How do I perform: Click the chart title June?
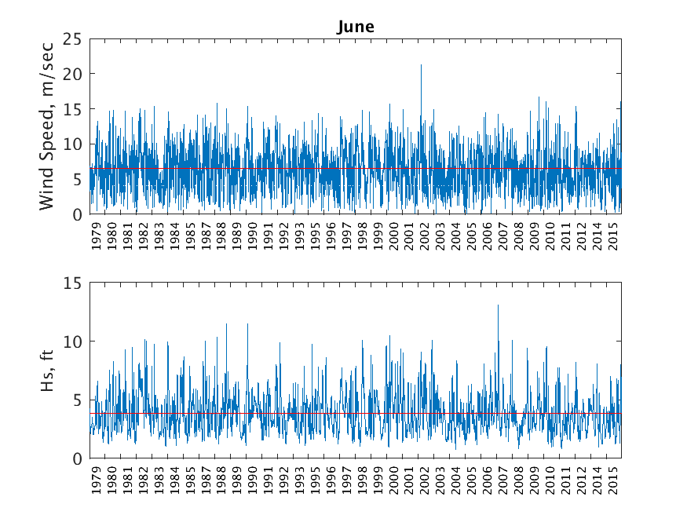[x=356, y=27]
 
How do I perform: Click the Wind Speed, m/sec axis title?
[x=48, y=126]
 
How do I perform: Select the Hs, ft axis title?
[x=48, y=371]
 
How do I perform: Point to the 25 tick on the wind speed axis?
[x=73, y=38]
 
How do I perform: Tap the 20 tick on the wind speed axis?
[x=73, y=74]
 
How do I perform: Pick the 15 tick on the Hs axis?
[x=73, y=283]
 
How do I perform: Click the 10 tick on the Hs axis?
[x=73, y=342]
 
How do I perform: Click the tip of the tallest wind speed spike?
[x=421, y=65]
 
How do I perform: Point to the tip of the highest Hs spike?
[x=498, y=305]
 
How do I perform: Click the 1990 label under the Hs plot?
[x=253, y=481]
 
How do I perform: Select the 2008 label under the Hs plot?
[x=519, y=481]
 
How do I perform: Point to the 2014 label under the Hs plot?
[x=597, y=481]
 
